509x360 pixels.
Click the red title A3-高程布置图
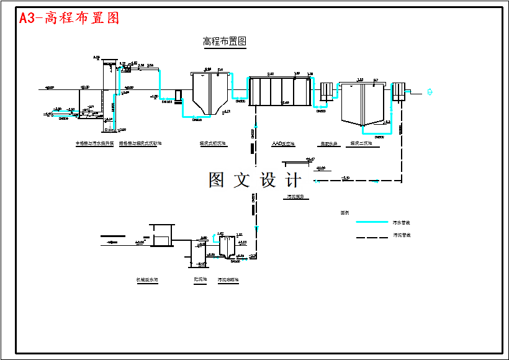(x=69, y=18)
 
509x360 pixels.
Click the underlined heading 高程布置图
(x=225, y=42)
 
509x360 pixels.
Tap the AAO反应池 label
(x=283, y=143)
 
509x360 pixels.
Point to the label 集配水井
(x=328, y=143)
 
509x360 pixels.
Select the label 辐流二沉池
(x=361, y=143)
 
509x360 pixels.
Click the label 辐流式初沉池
(x=213, y=143)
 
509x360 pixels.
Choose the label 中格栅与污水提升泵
(x=95, y=143)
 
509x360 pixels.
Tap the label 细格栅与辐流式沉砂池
(x=140, y=143)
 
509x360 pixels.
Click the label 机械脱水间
(x=147, y=280)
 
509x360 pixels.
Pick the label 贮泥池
(x=200, y=280)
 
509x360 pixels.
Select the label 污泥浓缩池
(x=228, y=280)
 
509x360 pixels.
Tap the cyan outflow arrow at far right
(x=430, y=92)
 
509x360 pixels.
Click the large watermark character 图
(x=216, y=180)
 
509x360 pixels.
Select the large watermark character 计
(x=294, y=180)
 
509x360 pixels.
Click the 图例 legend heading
(x=345, y=212)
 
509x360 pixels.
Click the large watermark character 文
(x=241, y=180)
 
